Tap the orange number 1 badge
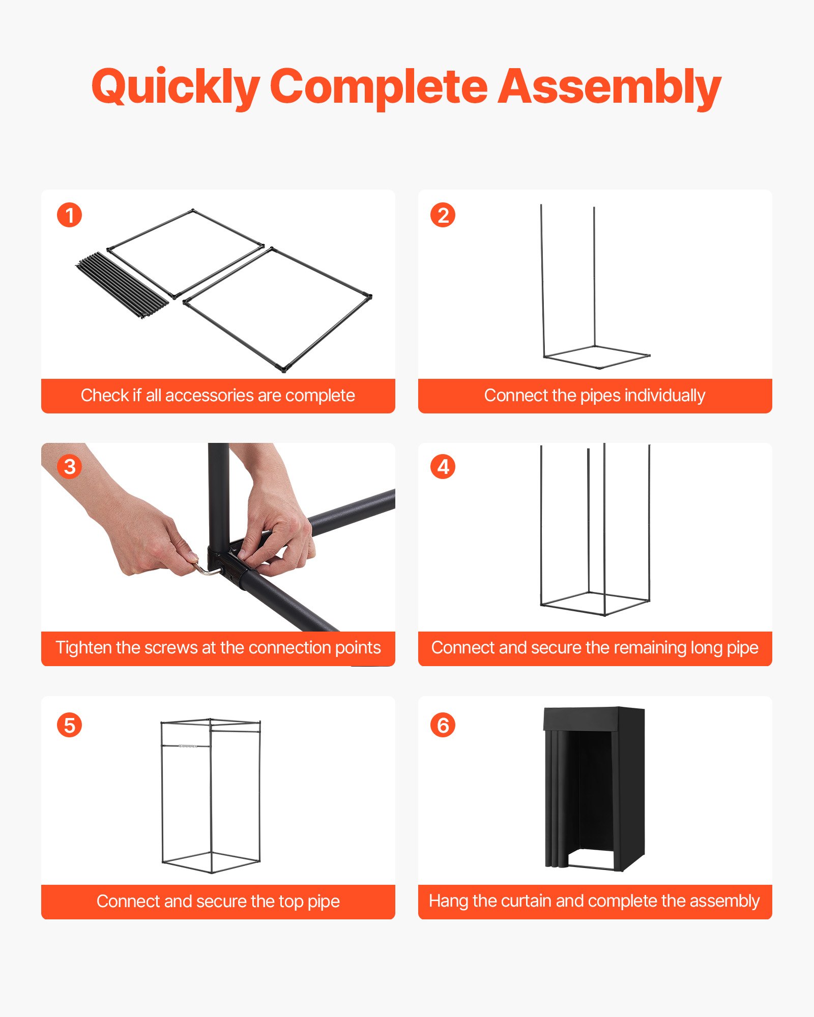point(69,215)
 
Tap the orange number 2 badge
point(443,215)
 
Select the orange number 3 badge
point(69,467)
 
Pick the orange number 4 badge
point(443,467)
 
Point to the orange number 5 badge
point(69,725)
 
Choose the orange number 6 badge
point(443,725)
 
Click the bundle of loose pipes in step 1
point(122,285)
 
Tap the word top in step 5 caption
point(290,902)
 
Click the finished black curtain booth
point(594,788)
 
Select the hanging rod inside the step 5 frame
point(186,746)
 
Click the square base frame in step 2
point(596,357)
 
